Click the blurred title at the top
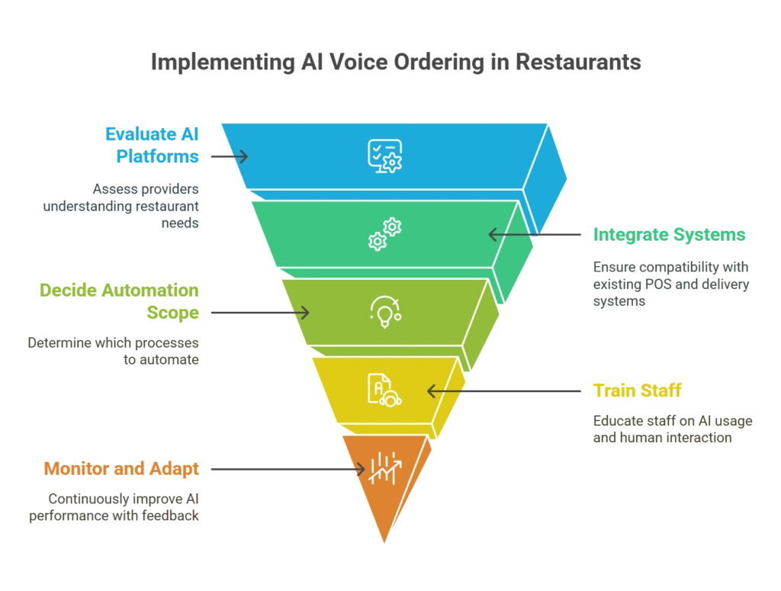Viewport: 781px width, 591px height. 396,63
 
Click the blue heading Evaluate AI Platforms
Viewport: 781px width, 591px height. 153,145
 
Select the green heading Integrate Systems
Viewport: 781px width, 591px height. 670,235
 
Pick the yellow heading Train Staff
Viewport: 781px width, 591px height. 638,391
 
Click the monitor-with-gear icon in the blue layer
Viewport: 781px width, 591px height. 384,156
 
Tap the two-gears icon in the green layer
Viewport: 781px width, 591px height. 384,234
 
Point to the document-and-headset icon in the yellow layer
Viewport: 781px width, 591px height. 384,390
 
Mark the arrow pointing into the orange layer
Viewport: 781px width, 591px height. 285,470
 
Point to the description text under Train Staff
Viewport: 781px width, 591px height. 673,429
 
